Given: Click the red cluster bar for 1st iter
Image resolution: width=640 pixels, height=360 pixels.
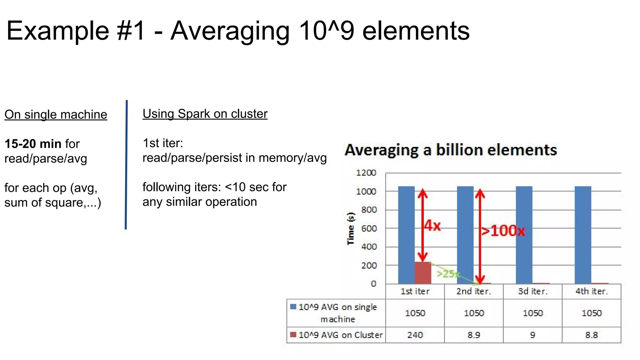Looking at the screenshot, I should tap(423, 273).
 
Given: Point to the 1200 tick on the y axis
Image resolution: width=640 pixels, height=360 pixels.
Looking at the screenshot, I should tap(366, 173).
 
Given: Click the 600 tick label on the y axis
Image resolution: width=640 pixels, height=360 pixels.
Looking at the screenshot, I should tap(369, 228).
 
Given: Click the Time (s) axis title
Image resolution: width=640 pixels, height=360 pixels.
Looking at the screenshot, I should tap(351, 228).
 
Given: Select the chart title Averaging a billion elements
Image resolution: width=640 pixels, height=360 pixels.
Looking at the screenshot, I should tap(451, 150).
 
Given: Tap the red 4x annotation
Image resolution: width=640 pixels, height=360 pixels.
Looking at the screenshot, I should tap(432, 225).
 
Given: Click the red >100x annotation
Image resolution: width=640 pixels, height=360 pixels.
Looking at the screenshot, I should tap(503, 231).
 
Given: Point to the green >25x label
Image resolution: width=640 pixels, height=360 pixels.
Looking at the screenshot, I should tap(448, 274).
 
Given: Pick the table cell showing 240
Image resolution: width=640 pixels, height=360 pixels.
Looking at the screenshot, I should tap(415, 335).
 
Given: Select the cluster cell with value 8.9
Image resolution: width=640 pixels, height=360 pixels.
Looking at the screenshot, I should tap(474, 335).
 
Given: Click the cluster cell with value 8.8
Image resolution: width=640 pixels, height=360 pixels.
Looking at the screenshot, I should tap(591, 335).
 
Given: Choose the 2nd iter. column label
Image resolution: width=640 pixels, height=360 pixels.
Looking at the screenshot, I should tap(474, 291).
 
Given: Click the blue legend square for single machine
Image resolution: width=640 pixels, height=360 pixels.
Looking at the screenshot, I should tap(293, 307).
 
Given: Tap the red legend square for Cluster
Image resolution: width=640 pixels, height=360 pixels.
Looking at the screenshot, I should tap(293, 335).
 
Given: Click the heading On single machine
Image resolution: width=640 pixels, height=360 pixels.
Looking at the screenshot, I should tap(56, 115).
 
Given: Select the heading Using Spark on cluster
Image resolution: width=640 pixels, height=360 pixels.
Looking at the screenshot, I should tap(205, 114).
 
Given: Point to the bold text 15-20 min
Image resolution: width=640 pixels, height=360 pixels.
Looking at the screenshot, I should tap(33, 144).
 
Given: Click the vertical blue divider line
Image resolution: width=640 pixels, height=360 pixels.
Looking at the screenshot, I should tap(126, 165).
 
